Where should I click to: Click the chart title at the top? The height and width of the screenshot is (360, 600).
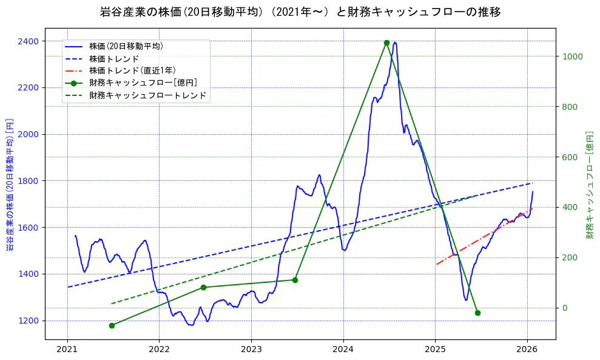(x=300, y=12)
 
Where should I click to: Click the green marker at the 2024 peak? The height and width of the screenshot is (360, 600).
(x=386, y=42)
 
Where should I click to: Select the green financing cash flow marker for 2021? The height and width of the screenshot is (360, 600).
(x=112, y=325)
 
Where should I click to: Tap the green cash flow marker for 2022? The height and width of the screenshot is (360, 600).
(x=203, y=287)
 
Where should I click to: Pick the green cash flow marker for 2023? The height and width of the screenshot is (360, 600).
(x=295, y=280)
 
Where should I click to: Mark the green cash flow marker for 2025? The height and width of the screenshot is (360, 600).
(x=477, y=313)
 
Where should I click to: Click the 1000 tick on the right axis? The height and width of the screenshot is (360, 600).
(x=573, y=56)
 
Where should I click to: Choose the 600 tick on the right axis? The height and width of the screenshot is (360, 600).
(x=570, y=157)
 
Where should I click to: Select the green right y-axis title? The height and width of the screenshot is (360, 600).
(x=589, y=184)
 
